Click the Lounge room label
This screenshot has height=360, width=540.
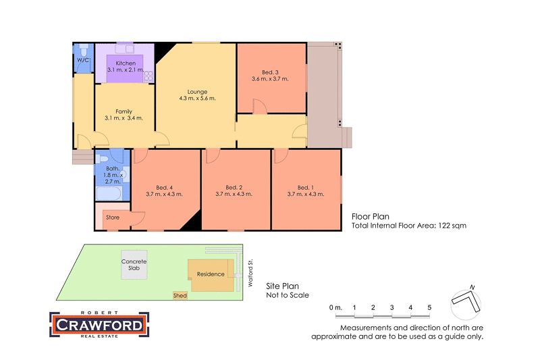coord(197,92)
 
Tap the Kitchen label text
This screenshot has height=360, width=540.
coord(126,63)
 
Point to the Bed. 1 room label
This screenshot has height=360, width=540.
coord(306,187)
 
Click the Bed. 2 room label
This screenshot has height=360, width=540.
coord(234,187)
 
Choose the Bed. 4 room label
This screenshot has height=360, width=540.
coord(164,187)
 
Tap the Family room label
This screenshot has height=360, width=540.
coord(124,111)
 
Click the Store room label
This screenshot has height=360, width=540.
coord(113,217)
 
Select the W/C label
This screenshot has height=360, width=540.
coord(82,60)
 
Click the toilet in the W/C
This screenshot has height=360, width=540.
coord(83,50)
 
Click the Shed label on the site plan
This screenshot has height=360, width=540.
coord(180,296)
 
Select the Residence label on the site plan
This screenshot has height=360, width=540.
coord(211,274)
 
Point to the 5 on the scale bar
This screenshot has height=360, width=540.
coord(429,308)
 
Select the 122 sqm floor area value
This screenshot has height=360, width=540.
coord(452,226)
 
